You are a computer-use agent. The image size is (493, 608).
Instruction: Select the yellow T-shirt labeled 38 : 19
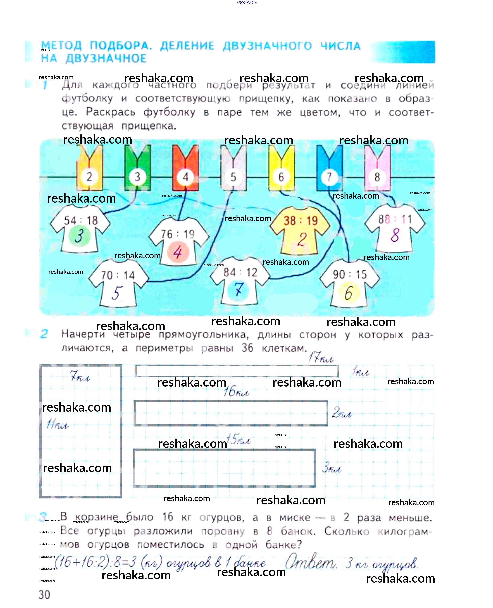pyautogui.click(x=300, y=230)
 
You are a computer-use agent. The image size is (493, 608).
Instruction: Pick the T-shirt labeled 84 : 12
pyautogui.click(x=240, y=282)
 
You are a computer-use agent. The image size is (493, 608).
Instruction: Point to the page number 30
pyautogui.click(x=44, y=594)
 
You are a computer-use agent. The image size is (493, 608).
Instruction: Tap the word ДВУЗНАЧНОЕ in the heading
pyautogui.click(x=106, y=59)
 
